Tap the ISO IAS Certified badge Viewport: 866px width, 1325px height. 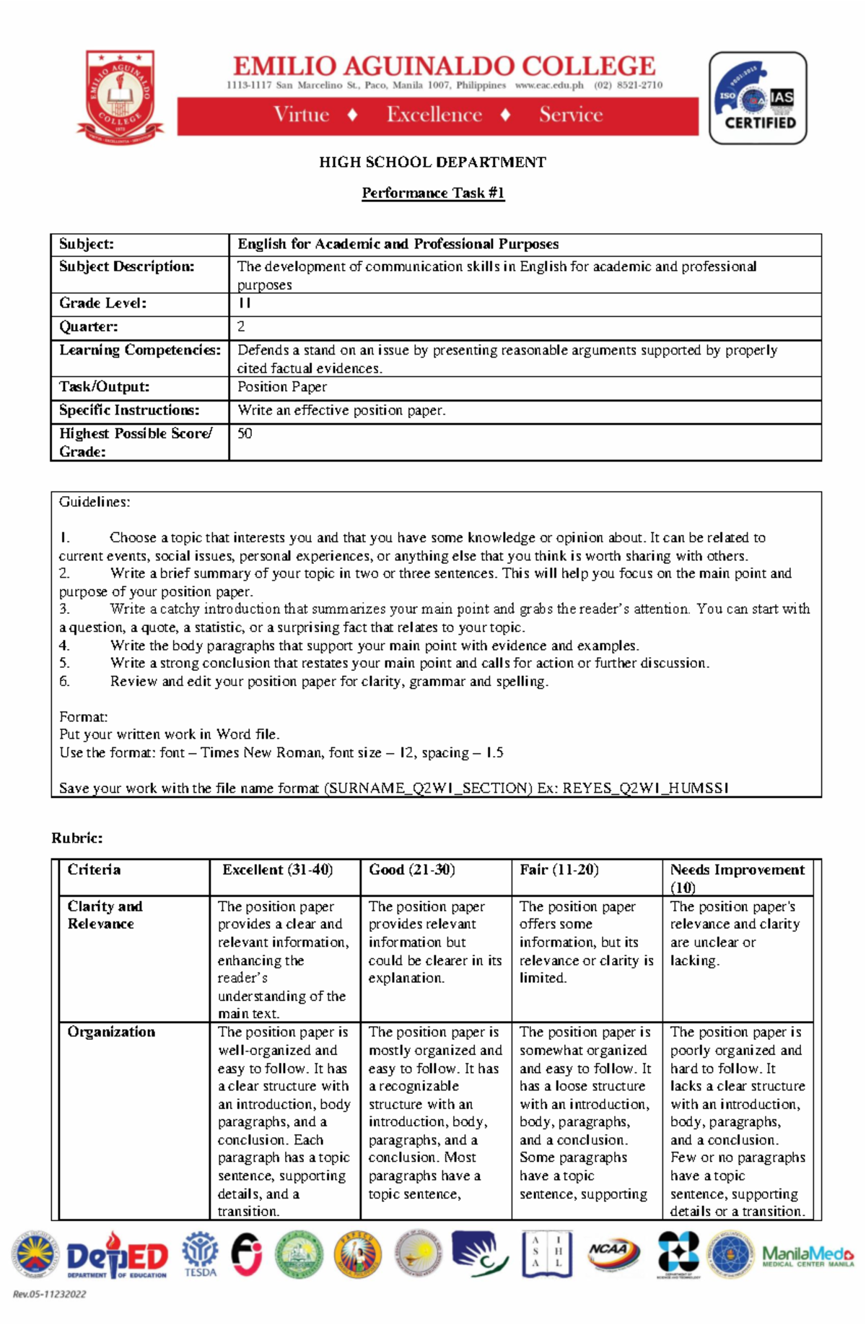click(x=758, y=98)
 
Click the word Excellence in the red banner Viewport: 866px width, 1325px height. click(x=434, y=115)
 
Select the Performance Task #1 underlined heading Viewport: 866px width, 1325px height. click(x=433, y=193)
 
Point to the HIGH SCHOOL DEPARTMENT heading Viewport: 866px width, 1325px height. click(x=432, y=162)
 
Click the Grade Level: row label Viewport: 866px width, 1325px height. click(x=102, y=303)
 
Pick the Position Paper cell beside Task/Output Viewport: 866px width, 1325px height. click(x=282, y=387)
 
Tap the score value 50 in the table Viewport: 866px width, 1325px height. click(x=245, y=433)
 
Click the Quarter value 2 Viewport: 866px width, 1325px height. click(x=242, y=326)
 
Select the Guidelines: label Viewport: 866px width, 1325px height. click(x=95, y=502)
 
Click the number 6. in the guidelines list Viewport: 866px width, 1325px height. click(x=64, y=681)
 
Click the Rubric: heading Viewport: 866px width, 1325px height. click(x=76, y=838)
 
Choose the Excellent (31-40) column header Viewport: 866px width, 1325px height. click(x=277, y=869)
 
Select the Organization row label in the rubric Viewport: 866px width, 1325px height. click(x=111, y=1032)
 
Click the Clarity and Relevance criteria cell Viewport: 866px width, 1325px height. click(x=105, y=915)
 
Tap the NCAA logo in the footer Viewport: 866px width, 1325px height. click(x=612, y=1251)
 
